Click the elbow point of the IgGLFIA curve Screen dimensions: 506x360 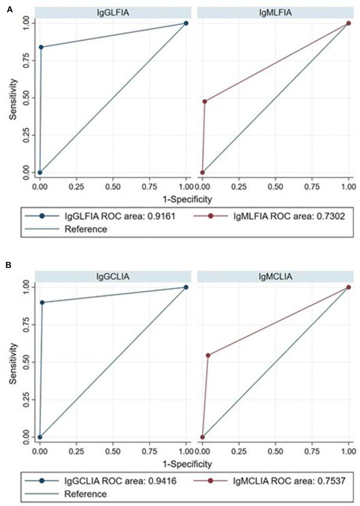pyautogui.click(x=41, y=47)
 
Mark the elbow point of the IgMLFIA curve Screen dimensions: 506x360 pyautogui.click(x=205, y=101)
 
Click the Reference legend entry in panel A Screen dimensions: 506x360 pyautogui.click(x=86, y=229)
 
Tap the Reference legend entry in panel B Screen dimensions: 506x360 pyautogui.click(x=86, y=494)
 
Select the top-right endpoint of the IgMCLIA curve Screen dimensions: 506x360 pyautogui.click(x=348, y=287)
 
